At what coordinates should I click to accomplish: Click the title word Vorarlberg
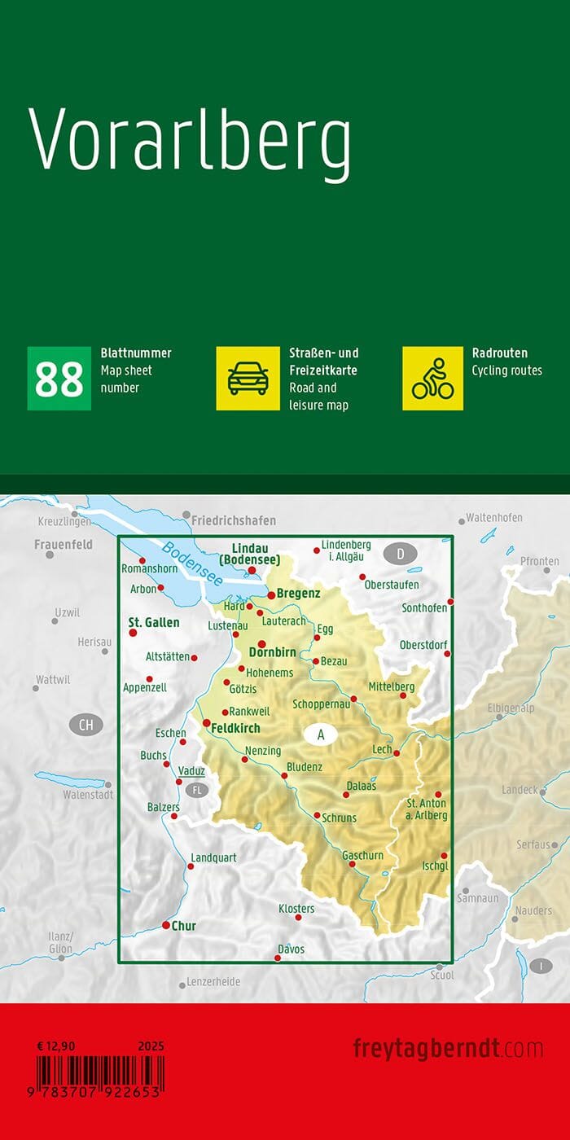191,142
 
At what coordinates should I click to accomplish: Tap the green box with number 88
59,379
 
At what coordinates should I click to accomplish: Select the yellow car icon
248,379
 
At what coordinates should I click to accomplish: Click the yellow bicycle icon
432,379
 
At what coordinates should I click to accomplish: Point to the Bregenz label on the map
298,594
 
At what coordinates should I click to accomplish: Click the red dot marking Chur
166,925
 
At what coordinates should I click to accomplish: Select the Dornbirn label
272,651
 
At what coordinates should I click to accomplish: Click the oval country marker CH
86,724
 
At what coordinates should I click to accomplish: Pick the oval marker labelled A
321,734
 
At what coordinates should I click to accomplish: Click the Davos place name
291,949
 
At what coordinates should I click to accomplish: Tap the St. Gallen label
154,622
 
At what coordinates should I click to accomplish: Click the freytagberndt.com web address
448,1048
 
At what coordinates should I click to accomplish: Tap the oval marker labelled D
400,555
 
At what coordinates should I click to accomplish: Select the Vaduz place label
192,770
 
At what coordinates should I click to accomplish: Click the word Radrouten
500,353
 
